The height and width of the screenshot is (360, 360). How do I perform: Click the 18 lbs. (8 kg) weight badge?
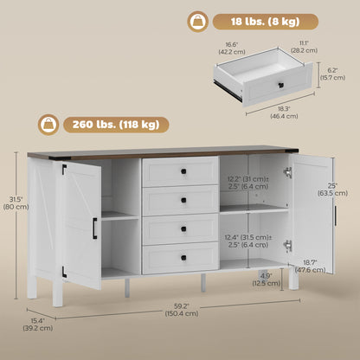(x=266, y=22)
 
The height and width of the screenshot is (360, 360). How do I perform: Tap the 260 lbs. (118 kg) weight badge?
(x=116, y=125)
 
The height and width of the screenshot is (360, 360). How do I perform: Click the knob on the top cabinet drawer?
(x=183, y=171)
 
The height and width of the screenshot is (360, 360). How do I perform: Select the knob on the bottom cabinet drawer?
(x=183, y=258)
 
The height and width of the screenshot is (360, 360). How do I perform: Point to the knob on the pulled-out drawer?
(x=281, y=85)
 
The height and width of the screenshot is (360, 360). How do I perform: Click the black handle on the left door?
(x=94, y=228)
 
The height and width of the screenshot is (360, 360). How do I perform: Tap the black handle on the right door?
(x=335, y=215)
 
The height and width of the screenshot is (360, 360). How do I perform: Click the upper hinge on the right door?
(x=288, y=172)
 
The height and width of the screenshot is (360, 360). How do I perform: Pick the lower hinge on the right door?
(x=288, y=246)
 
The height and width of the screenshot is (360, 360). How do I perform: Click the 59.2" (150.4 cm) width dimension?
(x=182, y=310)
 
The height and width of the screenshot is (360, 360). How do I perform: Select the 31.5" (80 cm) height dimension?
(x=16, y=202)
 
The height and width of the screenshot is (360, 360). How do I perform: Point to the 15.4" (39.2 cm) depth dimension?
(x=38, y=325)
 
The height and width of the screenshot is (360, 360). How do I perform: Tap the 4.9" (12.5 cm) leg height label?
(x=267, y=280)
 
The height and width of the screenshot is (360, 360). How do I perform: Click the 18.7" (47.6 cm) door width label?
(x=311, y=267)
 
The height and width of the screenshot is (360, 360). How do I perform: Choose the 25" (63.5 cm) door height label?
(x=332, y=190)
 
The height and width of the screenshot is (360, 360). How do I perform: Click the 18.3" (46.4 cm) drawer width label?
(x=284, y=112)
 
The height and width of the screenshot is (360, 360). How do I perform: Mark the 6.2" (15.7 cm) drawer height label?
(x=332, y=74)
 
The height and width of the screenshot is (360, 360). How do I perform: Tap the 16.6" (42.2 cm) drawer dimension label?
(x=232, y=48)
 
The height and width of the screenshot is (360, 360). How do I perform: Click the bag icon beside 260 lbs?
(x=48, y=125)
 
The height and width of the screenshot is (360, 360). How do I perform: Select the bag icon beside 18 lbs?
(x=198, y=22)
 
